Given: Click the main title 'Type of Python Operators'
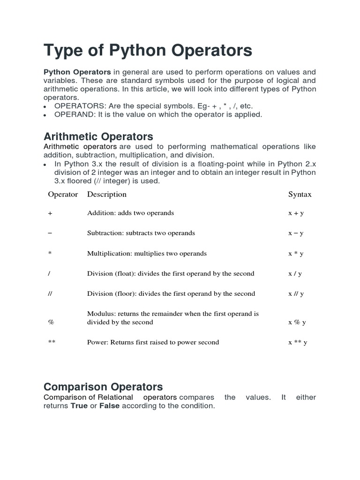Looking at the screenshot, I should (148, 50).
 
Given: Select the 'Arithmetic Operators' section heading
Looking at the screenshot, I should (98, 136).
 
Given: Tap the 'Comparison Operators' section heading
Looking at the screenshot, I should (103, 387).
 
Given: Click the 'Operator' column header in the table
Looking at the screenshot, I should (63, 194).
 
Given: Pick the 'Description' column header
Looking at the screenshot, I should (107, 194).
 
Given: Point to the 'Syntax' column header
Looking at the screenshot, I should (300, 195).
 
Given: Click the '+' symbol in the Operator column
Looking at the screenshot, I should (50, 213).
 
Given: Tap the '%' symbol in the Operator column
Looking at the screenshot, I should (51, 322).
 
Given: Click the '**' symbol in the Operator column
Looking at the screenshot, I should (52, 342).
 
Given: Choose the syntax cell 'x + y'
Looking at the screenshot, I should (296, 213).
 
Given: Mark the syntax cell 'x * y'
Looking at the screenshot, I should (296, 254).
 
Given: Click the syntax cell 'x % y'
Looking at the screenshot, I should (297, 322).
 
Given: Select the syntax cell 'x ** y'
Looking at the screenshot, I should (298, 343).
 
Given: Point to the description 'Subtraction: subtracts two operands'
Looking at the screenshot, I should (141, 233).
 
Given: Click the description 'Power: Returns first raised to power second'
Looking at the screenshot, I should (153, 342).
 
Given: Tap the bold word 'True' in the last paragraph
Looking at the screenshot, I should (79, 406).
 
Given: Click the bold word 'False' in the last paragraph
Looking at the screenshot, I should (109, 406).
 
